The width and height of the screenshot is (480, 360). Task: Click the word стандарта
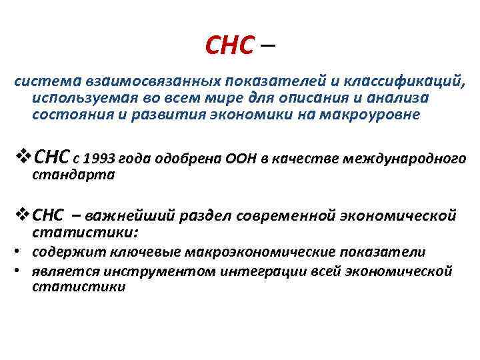(x=74, y=175)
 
